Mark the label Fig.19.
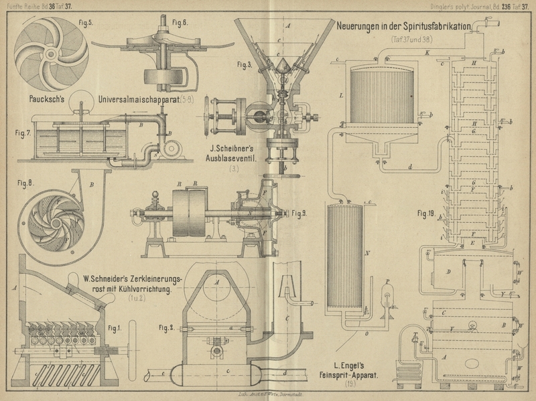pyautogui.click(x=426, y=214)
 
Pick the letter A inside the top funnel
pyautogui.click(x=287, y=24)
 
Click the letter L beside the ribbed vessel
pyautogui.click(x=341, y=96)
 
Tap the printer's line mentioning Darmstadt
pyautogui.click(x=268, y=396)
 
